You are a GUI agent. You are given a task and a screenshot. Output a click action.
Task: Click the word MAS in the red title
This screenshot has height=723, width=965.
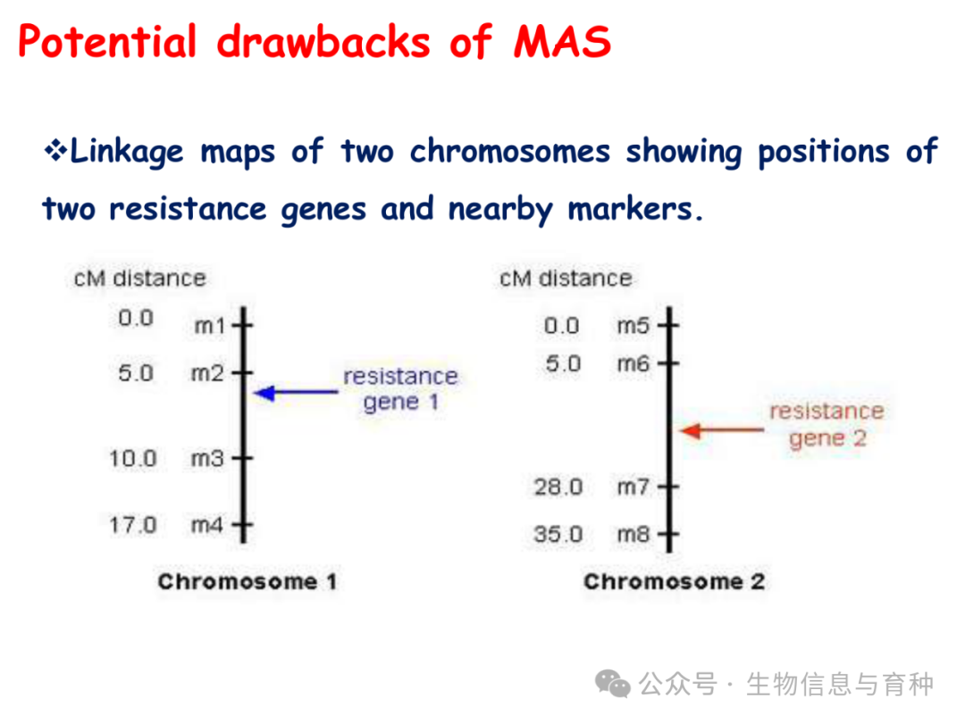tap(562, 42)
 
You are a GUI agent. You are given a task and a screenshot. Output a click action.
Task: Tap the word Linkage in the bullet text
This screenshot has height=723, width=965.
tap(127, 152)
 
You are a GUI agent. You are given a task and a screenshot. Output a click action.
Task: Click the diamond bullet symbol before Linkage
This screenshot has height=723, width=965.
tap(55, 150)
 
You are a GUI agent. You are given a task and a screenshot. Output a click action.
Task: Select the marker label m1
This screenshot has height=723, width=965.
tap(210, 325)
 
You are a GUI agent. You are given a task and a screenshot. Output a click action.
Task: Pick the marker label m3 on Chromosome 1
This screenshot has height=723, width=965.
tap(207, 458)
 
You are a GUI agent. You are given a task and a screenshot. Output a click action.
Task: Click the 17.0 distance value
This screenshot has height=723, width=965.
tap(133, 525)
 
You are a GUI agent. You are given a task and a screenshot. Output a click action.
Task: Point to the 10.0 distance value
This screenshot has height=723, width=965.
tap(133, 458)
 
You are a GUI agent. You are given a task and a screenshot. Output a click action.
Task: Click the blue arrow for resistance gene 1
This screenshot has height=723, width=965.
tap(296, 392)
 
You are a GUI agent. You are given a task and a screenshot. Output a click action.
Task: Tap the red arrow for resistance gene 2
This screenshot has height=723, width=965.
tap(722, 430)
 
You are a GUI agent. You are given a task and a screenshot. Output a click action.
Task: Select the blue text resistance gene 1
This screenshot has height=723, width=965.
tap(400, 388)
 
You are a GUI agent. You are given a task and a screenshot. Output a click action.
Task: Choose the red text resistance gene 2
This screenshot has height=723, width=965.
tap(827, 424)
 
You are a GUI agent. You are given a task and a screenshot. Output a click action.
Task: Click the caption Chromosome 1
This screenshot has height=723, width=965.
tap(248, 581)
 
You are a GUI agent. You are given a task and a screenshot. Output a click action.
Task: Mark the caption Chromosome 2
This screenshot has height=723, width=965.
tap(675, 581)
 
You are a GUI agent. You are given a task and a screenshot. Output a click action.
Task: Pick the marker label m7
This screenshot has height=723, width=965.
tap(634, 487)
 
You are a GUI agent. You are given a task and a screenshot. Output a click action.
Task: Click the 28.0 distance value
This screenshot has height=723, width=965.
tap(558, 487)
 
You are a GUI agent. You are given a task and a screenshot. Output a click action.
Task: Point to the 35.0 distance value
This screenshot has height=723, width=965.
tap(558, 534)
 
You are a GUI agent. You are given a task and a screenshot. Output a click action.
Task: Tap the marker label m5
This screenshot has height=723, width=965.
tap(634, 325)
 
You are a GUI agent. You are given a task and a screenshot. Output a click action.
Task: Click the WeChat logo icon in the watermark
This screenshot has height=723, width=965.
tap(612, 684)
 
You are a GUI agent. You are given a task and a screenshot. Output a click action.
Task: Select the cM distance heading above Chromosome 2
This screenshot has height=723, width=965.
tap(566, 278)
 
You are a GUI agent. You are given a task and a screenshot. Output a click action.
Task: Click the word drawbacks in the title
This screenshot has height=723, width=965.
tap(323, 42)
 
